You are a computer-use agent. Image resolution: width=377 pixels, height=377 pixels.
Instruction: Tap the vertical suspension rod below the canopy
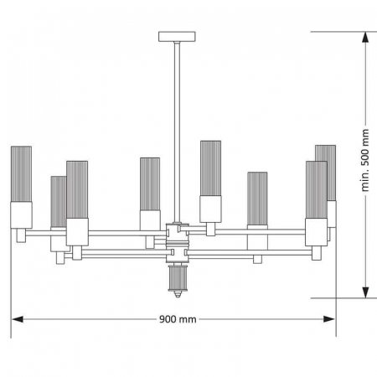(x=176, y=126)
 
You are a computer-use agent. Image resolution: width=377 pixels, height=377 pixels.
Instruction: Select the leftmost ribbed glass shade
(x=21, y=176)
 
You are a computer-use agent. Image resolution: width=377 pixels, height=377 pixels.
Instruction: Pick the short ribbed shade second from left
(x=58, y=201)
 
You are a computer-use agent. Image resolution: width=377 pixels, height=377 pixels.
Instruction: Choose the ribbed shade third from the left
(x=77, y=189)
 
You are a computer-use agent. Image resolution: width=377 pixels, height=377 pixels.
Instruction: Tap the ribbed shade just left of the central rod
(x=150, y=183)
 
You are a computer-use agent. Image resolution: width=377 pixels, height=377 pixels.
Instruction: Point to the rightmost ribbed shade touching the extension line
(x=327, y=172)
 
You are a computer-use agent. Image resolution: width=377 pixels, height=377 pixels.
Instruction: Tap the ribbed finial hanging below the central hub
(x=177, y=281)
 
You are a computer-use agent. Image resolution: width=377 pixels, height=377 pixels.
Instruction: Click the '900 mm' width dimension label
(x=177, y=319)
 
